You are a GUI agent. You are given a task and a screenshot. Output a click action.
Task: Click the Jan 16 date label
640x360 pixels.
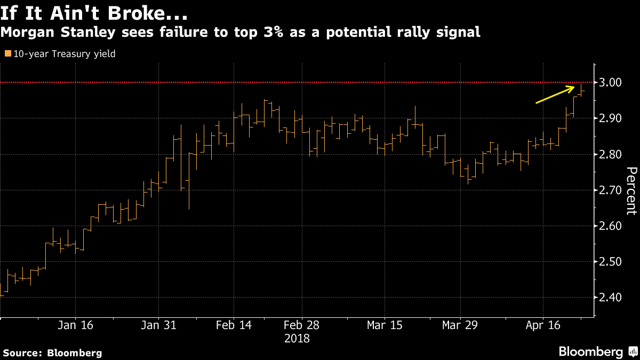click(x=75, y=325)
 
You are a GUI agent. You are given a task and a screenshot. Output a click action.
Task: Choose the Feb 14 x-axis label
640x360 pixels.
click(x=234, y=325)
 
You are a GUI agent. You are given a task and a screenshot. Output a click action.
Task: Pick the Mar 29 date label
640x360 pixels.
click(x=459, y=325)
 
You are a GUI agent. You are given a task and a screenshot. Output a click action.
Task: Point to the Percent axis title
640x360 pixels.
click(x=631, y=190)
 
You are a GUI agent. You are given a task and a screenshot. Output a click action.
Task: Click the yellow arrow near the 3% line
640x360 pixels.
click(x=558, y=94)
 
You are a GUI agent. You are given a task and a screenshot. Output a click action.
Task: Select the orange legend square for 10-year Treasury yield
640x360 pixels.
click(x=7, y=54)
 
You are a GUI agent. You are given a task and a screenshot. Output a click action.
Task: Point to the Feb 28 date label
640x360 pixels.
click(x=301, y=325)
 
